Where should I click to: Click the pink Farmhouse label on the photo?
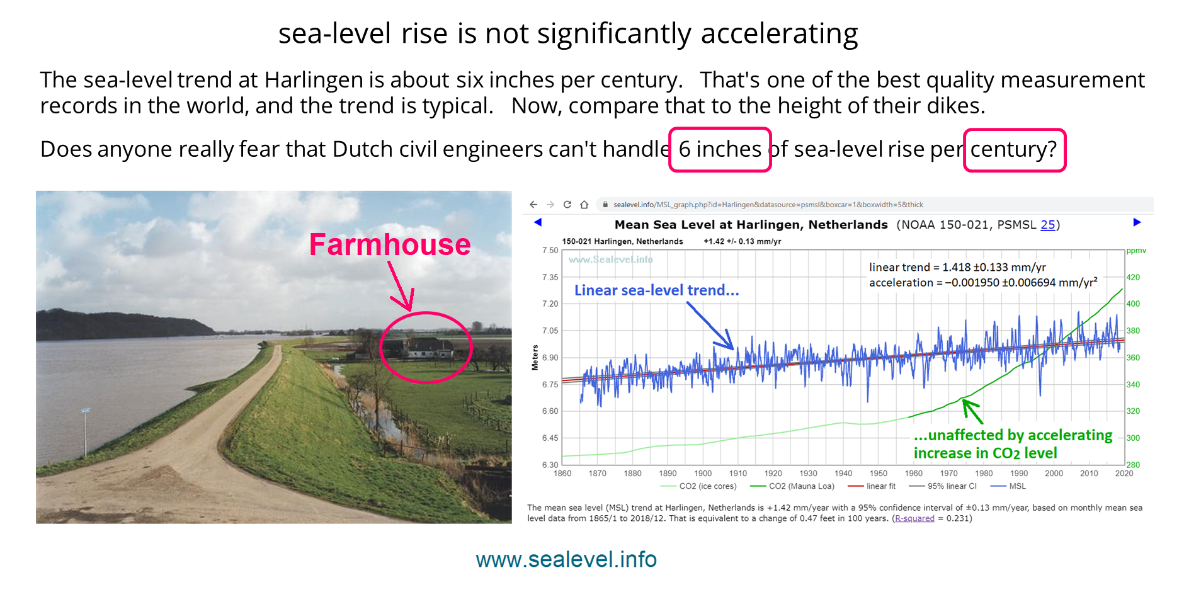pyautogui.click(x=390, y=244)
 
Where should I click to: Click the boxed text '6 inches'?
pyautogui.click(x=720, y=149)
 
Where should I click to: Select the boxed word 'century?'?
pyautogui.click(x=1015, y=150)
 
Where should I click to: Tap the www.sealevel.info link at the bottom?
pyautogui.click(x=566, y=559)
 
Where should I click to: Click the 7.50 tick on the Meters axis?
pyautogui.click(x=550, y=250)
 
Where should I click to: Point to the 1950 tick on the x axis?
pyautogui.click(x=878, y=474)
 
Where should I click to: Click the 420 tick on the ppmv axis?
pyautogui.click(x=1133, y=277)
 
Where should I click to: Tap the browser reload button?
pyautogui.click(x=567, y=205)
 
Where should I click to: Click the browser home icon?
pyautogui.click(x=584, y=205)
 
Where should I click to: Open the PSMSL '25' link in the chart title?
pyautogui.click(x=1048, y=225)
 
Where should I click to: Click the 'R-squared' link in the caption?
pyautogui.click(x=914, y=518)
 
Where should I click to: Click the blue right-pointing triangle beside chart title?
pyautogui.click(x=1137, y=222)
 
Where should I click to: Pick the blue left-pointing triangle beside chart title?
pyautogui.click(x=538, y=222)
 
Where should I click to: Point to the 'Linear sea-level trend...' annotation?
pyautogui.click(x=656, y=290)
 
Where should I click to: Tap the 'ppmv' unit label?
pyautogui.click(x=1136, y=251)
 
